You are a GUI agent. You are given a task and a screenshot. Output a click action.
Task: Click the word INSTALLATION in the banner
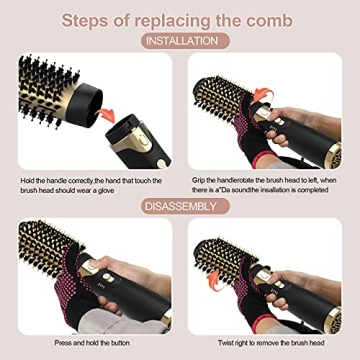click(x=180, y=42)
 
